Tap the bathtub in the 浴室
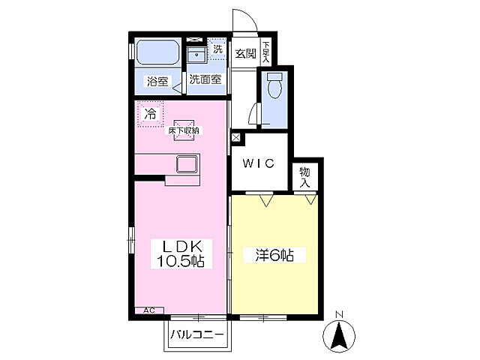[157, 52]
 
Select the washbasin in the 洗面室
[196, 55]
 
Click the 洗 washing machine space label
[217, 49]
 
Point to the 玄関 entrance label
[245, 54]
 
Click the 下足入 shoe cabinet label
[265, 52]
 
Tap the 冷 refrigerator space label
[150, 114]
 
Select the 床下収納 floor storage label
[184, 130]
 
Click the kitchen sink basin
[187, 164]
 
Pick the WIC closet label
[258, 163]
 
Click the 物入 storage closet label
[305, 177]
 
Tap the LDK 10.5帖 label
[181, 253]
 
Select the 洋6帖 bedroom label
[274, 255]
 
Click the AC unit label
[149, 310]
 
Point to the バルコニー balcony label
[197, 334]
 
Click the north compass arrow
[339, 336]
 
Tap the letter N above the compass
[339, 314]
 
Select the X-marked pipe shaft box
[236, 137]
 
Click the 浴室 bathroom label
[157, 82]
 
